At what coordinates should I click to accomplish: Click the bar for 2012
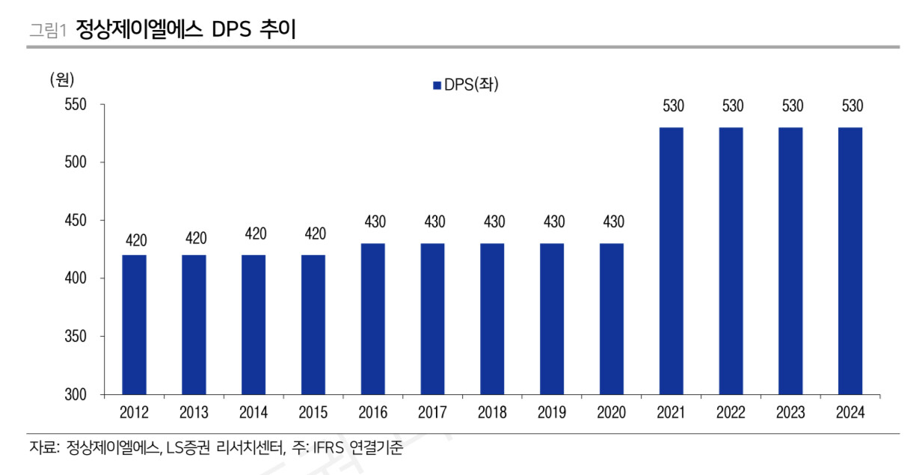[x=134, y=324]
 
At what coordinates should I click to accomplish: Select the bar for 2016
[x=373, y=319]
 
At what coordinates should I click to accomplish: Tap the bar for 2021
[x=671, y=260]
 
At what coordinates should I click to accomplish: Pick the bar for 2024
[x=850, y=260]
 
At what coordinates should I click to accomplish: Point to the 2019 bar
[x=552, y=319]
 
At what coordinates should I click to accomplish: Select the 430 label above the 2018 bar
[x=493, y=222]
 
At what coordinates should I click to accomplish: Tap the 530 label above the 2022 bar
[x=732, y=106]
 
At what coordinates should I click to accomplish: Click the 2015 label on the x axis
[x=313, y=413]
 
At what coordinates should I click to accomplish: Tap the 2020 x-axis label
[x=612, y=413]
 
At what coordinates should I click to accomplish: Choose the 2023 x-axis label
[x=791, y=413]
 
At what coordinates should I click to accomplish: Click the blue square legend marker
[x=437, y=86]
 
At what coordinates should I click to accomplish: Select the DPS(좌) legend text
[x=471, y=85]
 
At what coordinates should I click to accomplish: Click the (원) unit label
[x=62, y=79]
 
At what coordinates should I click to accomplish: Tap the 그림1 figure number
[x=47, y=31]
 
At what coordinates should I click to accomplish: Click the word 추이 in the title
[x=278, y=29]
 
